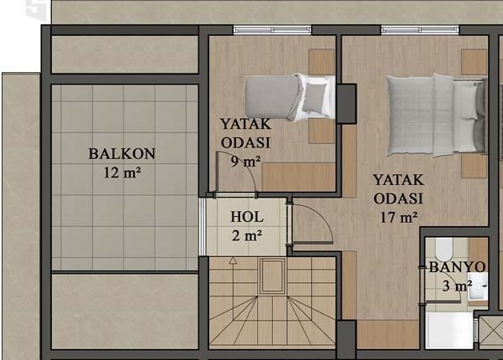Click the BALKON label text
(122, 154)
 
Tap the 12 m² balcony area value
(122, 173)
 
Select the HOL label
(247, 217)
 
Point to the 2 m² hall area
(247, 236)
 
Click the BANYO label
(457, 267)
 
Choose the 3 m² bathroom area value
(457, 285)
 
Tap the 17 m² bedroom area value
(399, 218)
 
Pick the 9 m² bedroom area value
(246, 162)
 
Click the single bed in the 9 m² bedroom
(290, 97)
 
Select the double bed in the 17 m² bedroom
(436, 116)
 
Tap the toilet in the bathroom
(444, 249)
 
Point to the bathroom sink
(478, 285)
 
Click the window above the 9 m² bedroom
(272, 30)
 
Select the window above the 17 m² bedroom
(420, 30)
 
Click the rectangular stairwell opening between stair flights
(272, 276)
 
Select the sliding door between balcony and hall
(203, 227)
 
